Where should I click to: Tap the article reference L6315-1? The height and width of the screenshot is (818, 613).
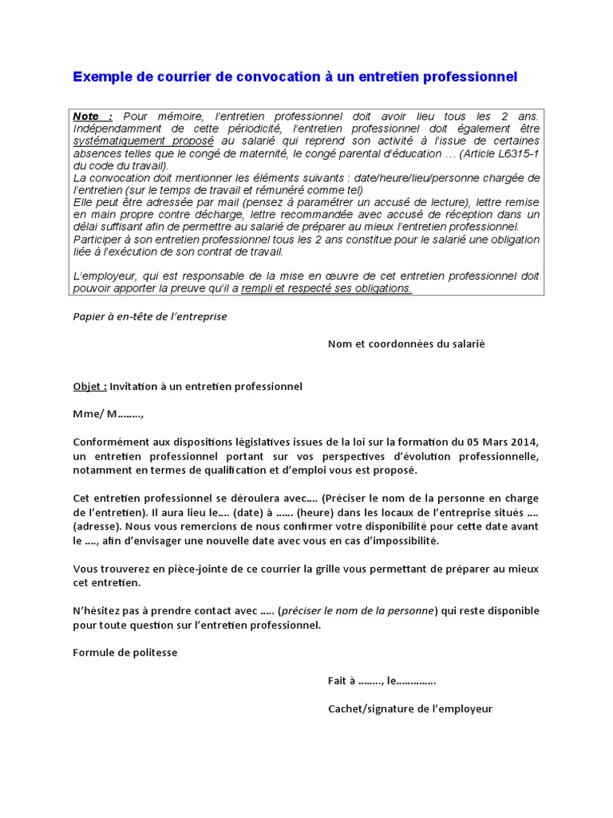point(519,153)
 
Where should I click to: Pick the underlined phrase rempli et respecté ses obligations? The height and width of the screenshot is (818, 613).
point(326,288)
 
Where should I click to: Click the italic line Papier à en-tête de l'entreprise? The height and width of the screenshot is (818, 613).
point(150,316)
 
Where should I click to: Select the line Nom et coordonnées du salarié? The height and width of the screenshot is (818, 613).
point(406,343)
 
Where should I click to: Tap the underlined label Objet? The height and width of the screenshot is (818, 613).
point(89,387)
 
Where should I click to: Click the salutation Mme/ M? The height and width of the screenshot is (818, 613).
point(109,414)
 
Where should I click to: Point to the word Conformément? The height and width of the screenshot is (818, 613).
point(110,442)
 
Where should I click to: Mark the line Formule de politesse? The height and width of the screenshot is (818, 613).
point(125,653)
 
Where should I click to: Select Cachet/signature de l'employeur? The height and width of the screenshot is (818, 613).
point(410,709)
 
